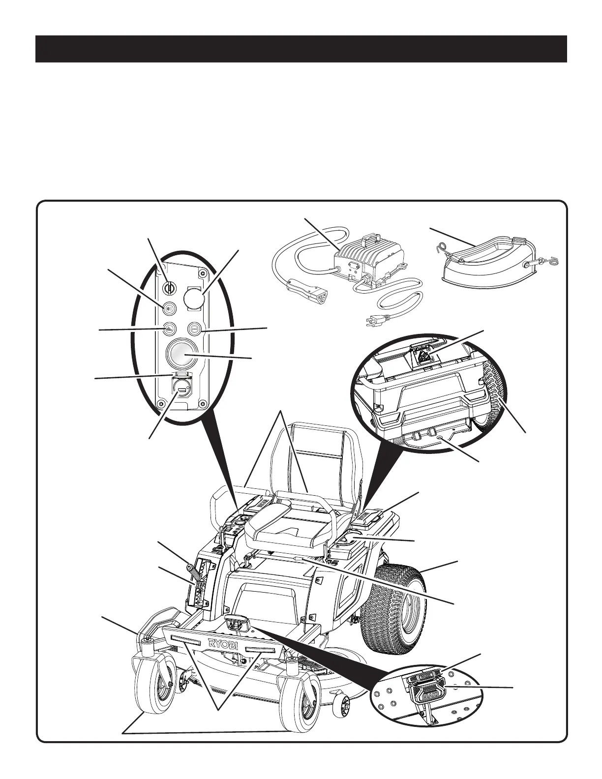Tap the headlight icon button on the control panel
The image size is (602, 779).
169,308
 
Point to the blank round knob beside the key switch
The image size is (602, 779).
193,298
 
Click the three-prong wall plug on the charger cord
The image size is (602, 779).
368,322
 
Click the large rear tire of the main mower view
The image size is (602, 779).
393,600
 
